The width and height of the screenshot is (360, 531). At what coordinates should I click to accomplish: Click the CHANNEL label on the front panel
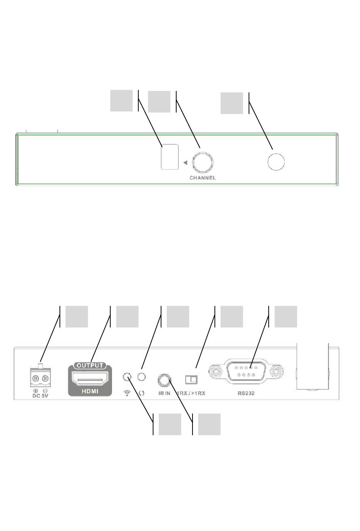(203, 178)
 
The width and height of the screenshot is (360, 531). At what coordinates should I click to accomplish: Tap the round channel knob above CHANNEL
(203, 162)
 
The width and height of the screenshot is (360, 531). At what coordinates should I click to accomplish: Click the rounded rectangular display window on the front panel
(169, 156)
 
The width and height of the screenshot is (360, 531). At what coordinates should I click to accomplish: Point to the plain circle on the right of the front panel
(276, 162)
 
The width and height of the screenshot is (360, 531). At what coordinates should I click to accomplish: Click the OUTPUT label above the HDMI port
(90, 365)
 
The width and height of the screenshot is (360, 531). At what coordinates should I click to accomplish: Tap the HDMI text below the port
(90, 391)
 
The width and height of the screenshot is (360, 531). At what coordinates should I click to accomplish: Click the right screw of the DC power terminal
(45, 378)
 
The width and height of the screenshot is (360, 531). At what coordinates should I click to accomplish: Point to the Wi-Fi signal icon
(127, 393)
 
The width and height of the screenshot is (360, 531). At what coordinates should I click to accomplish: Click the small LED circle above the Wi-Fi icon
(128, 377)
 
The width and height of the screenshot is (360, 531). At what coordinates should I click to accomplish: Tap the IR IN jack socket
(164, 379)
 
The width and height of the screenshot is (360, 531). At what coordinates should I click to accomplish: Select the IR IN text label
(164, 393)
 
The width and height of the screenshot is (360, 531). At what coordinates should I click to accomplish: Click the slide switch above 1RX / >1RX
(191, 379)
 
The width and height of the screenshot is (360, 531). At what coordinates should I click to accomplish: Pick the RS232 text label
(246, 393)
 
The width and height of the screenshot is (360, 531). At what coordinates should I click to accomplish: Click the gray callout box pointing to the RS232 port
(286, 317)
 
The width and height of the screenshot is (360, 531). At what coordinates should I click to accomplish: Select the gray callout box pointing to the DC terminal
(77, 317)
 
